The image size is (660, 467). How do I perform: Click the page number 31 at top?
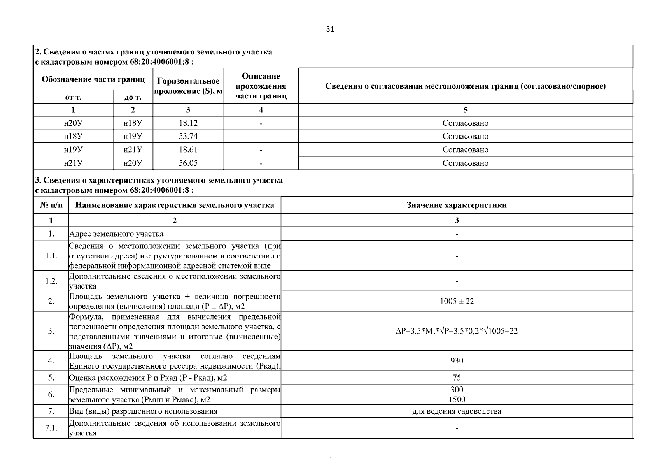[x=330, y=29]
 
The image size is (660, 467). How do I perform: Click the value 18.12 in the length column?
[x=188, y=123]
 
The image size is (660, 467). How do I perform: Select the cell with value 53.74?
[x=188, y=136]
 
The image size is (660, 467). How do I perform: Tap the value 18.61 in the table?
[x=188, y=149]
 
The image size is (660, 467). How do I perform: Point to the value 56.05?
[x=188, y=163]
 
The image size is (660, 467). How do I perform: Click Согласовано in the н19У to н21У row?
[x=465, y=149]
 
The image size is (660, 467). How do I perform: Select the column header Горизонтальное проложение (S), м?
[x=188, y=86]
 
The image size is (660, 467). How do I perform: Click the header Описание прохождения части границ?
[x=261, y=86]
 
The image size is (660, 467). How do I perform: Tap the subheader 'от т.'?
[x=73, y=97]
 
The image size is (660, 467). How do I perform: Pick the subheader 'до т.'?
[x=133, y=97]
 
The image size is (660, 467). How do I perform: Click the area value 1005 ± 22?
[x=457, y=301]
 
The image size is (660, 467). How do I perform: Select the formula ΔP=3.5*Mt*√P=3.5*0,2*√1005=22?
[x=457, y=331]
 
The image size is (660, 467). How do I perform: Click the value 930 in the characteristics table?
[x=457, y=361]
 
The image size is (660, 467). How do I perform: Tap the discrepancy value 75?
[x=457, y=377]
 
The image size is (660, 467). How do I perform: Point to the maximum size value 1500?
[x=457, y=399]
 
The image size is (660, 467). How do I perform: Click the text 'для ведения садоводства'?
[x=457, y=411]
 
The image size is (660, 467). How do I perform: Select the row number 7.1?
[x=51, y=428]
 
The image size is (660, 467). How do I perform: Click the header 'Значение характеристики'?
[x=457, y=205]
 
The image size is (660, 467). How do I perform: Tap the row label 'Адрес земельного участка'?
[x=116, y=234]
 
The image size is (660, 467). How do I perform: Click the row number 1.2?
[x=51, y=281]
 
